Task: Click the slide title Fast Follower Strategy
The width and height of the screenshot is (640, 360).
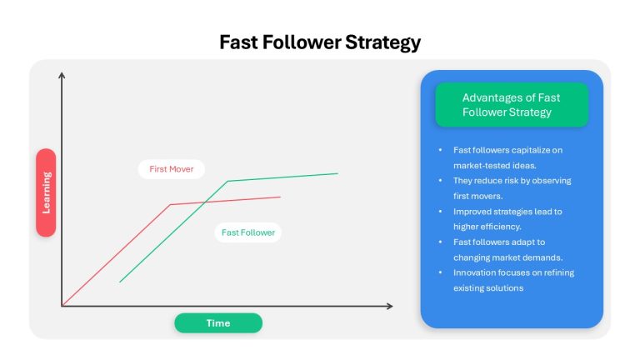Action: (320, 42)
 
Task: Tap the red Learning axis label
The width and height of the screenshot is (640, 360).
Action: (46, 192)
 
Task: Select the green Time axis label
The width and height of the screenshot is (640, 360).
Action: (218, 322)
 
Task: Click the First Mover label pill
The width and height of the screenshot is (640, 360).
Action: (172, 169)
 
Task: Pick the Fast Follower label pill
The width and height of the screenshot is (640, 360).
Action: (248, 232)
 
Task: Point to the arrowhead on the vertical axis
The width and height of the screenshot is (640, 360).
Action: (62, 75)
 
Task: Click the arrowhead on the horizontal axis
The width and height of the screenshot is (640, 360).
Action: (390, 306)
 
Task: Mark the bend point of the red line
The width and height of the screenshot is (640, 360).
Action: (171, 204)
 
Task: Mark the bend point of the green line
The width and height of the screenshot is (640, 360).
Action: (227, 181)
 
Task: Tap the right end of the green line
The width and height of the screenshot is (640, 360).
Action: (338, 173)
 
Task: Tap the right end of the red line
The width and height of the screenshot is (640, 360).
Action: (280, 197)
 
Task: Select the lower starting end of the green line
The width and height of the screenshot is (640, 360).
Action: (120, 282)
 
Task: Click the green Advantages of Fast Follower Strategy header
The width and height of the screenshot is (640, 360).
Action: (512, 105)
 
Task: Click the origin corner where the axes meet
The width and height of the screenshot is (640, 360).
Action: (62, 306)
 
